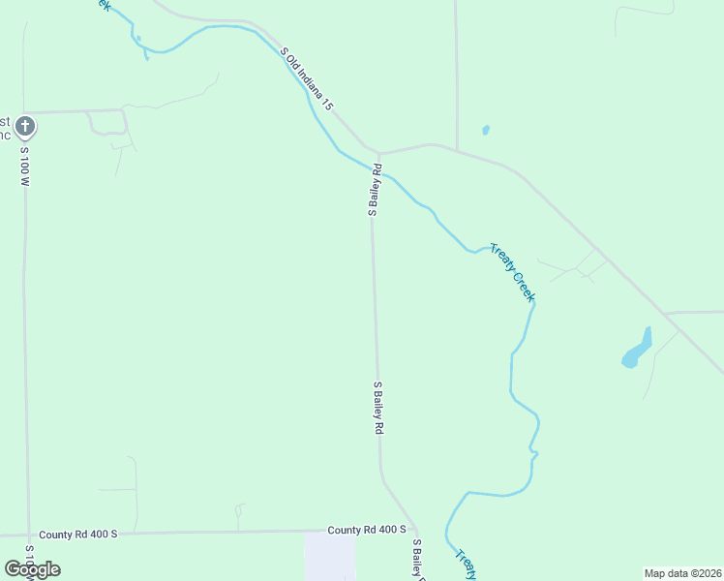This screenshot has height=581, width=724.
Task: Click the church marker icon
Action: pyautogui.click(x=25, y=126)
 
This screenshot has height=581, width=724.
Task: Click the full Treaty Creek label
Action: pyautogui.click(x=511, y=272)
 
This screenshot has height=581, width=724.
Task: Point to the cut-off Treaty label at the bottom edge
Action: pyautogui.click(x=466, y=566)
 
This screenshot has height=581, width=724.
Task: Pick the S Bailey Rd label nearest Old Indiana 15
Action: pyautogui.click(x=374, y=189)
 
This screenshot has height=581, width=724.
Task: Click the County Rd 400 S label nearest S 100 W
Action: pyautogui.click(x=77, y=535)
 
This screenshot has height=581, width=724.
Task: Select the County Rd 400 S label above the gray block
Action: pyautogui.click(x=367, y=530)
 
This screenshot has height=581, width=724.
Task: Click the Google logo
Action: pyautogui.click(x=32, y=569)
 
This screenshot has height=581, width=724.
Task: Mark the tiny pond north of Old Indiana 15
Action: pyautogui.click(x=485, y=130)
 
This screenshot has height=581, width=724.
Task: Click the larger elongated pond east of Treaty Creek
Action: pyautogui.click(x=637, y=349)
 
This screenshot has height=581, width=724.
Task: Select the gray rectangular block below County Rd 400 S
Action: pyautogui.click(x=329, y=557)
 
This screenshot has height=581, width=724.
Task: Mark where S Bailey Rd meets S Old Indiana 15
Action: pyautogui.click(x=378, y=153)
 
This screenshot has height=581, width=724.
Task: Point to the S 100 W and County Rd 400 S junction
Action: pyautogui.click(x=28, y=534)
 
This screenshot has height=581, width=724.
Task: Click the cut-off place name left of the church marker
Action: pyautogui.click(x=5, y=128)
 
